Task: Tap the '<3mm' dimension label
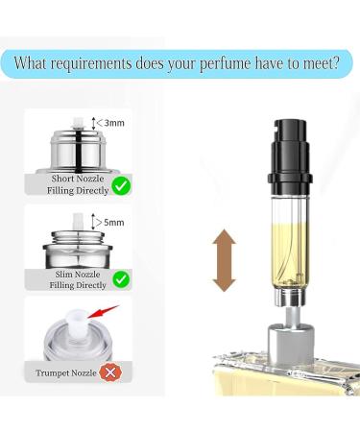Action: (114, 123)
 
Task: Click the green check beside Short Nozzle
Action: (121, 185)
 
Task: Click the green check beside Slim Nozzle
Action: (121, 279)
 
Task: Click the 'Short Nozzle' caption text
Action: (69, 178)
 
